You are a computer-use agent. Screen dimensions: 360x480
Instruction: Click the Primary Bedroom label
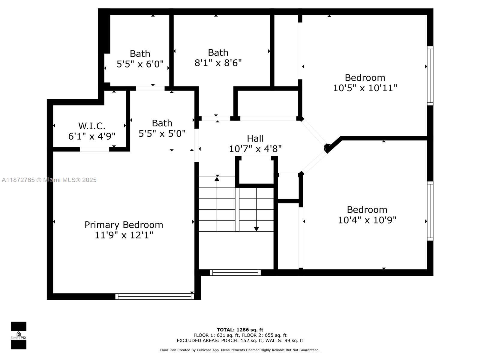click(x=124, y=225)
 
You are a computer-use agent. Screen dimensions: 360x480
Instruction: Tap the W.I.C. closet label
click(x=91, y=126)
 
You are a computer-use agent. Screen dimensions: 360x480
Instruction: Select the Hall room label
click(x=255, y=138)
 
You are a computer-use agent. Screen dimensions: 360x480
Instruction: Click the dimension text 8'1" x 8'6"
click(x=218, y=63)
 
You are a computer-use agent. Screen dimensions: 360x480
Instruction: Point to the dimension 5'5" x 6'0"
click(x=140, y=64)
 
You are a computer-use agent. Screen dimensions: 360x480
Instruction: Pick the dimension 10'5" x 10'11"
click(x=365, y=88)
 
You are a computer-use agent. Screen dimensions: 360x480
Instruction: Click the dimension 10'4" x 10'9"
click(x=367, y=220)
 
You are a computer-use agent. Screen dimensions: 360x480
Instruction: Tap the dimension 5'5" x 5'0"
click(x=162, y=133)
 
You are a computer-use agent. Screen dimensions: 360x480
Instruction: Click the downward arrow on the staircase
click(x=256, y=229)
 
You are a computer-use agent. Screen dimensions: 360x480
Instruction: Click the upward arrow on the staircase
click(x=217, y=179)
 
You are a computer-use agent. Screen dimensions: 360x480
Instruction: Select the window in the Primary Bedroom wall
click(x=154, y=296)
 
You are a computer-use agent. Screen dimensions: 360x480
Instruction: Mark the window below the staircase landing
click(x=235, y=272)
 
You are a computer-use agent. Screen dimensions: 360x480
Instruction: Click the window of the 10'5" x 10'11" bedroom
click(x=430, y=76)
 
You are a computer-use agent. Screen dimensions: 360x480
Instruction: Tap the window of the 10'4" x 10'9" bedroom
click(x=430, y=211)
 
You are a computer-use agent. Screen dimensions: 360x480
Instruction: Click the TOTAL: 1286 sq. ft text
click(x=240, y=330)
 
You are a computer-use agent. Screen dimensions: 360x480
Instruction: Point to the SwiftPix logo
click(x=19, y=335)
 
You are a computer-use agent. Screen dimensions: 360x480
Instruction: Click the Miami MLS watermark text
click(x=49, y=180)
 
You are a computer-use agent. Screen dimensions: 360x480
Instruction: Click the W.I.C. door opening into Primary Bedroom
click(x=94, y=149)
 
